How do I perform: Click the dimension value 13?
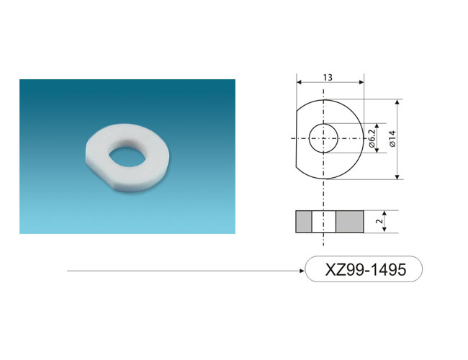[328, 78]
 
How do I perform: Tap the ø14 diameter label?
[393, 139]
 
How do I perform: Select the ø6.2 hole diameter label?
[372, 138]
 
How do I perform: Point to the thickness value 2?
[379, 221]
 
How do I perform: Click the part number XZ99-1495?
[366, 269]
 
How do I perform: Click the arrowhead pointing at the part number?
[302, 271]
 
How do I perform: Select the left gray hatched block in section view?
[304, 222]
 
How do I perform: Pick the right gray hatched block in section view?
[350, 222]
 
